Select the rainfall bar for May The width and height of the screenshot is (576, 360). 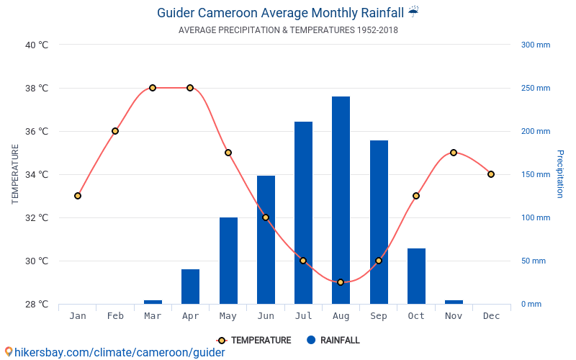(228, 261)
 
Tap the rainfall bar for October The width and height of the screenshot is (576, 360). (416, 276)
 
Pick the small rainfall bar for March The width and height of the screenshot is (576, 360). (153, 302)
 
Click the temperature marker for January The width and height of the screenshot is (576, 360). (78, 196)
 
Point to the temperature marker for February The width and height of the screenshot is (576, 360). (115, 131)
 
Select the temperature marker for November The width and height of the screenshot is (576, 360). (454, 153)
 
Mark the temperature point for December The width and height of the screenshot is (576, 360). (491, 174)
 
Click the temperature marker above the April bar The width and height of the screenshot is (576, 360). (190, 88)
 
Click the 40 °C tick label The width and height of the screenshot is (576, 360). (37, 45)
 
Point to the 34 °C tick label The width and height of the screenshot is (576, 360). (37, 174)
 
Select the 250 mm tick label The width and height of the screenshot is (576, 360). (535, 88)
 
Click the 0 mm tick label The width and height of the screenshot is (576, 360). (531, 304)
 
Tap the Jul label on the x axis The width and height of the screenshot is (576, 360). (303, 316)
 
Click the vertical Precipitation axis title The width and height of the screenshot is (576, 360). (559, 174)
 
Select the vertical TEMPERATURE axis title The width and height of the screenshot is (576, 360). (15, 174)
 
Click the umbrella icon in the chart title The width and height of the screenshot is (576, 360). (413, 12)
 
